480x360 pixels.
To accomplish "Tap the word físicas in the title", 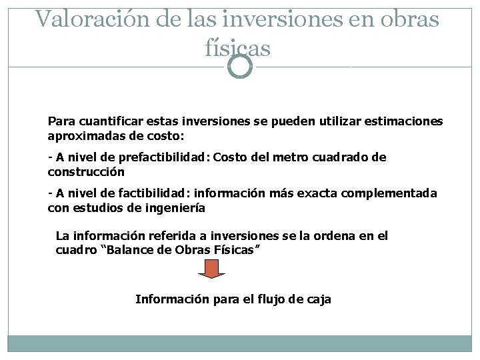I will (x=238, y=48).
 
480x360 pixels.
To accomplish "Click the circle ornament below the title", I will (x=240, y=67).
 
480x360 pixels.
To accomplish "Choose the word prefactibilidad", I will (x=164, y=157).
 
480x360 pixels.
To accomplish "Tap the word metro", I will (x=275, y=157).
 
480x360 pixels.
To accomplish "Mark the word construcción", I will (x=86, y=171).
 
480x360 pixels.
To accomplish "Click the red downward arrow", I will (x=212, y=269).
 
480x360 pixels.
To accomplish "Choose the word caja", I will (x=318, y=299).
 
